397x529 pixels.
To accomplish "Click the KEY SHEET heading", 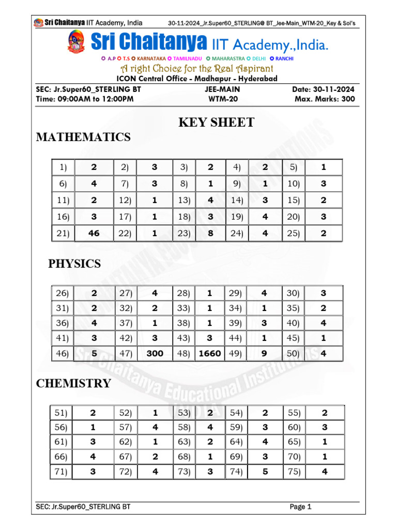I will click(216, 122).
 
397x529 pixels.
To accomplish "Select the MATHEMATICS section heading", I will click(83, 137).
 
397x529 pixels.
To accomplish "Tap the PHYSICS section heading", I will click(74, 264).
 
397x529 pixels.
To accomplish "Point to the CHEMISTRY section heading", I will click(73, 383).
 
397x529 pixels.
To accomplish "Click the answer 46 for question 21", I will click(94, 234).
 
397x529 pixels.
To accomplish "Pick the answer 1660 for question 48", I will click(209, 354).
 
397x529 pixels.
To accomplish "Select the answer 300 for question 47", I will click(155, 354).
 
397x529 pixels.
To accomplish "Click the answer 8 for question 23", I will click(210, 234).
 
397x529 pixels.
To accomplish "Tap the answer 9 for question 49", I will click(264, 354).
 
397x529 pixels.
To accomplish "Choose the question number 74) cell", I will click(236, 472).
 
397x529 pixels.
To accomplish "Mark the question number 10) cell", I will click(293, 184).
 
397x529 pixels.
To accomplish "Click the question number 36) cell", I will click(62, 323).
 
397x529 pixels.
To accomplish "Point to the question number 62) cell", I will click(126, 442).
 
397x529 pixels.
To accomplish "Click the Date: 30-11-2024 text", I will click(324, 89).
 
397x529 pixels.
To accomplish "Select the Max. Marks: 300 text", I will click(325, 99).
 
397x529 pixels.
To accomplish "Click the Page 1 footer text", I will click(301, 507).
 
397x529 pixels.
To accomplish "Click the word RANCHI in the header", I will click(284, 59).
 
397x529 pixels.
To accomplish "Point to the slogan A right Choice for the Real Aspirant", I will click(197, 69).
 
